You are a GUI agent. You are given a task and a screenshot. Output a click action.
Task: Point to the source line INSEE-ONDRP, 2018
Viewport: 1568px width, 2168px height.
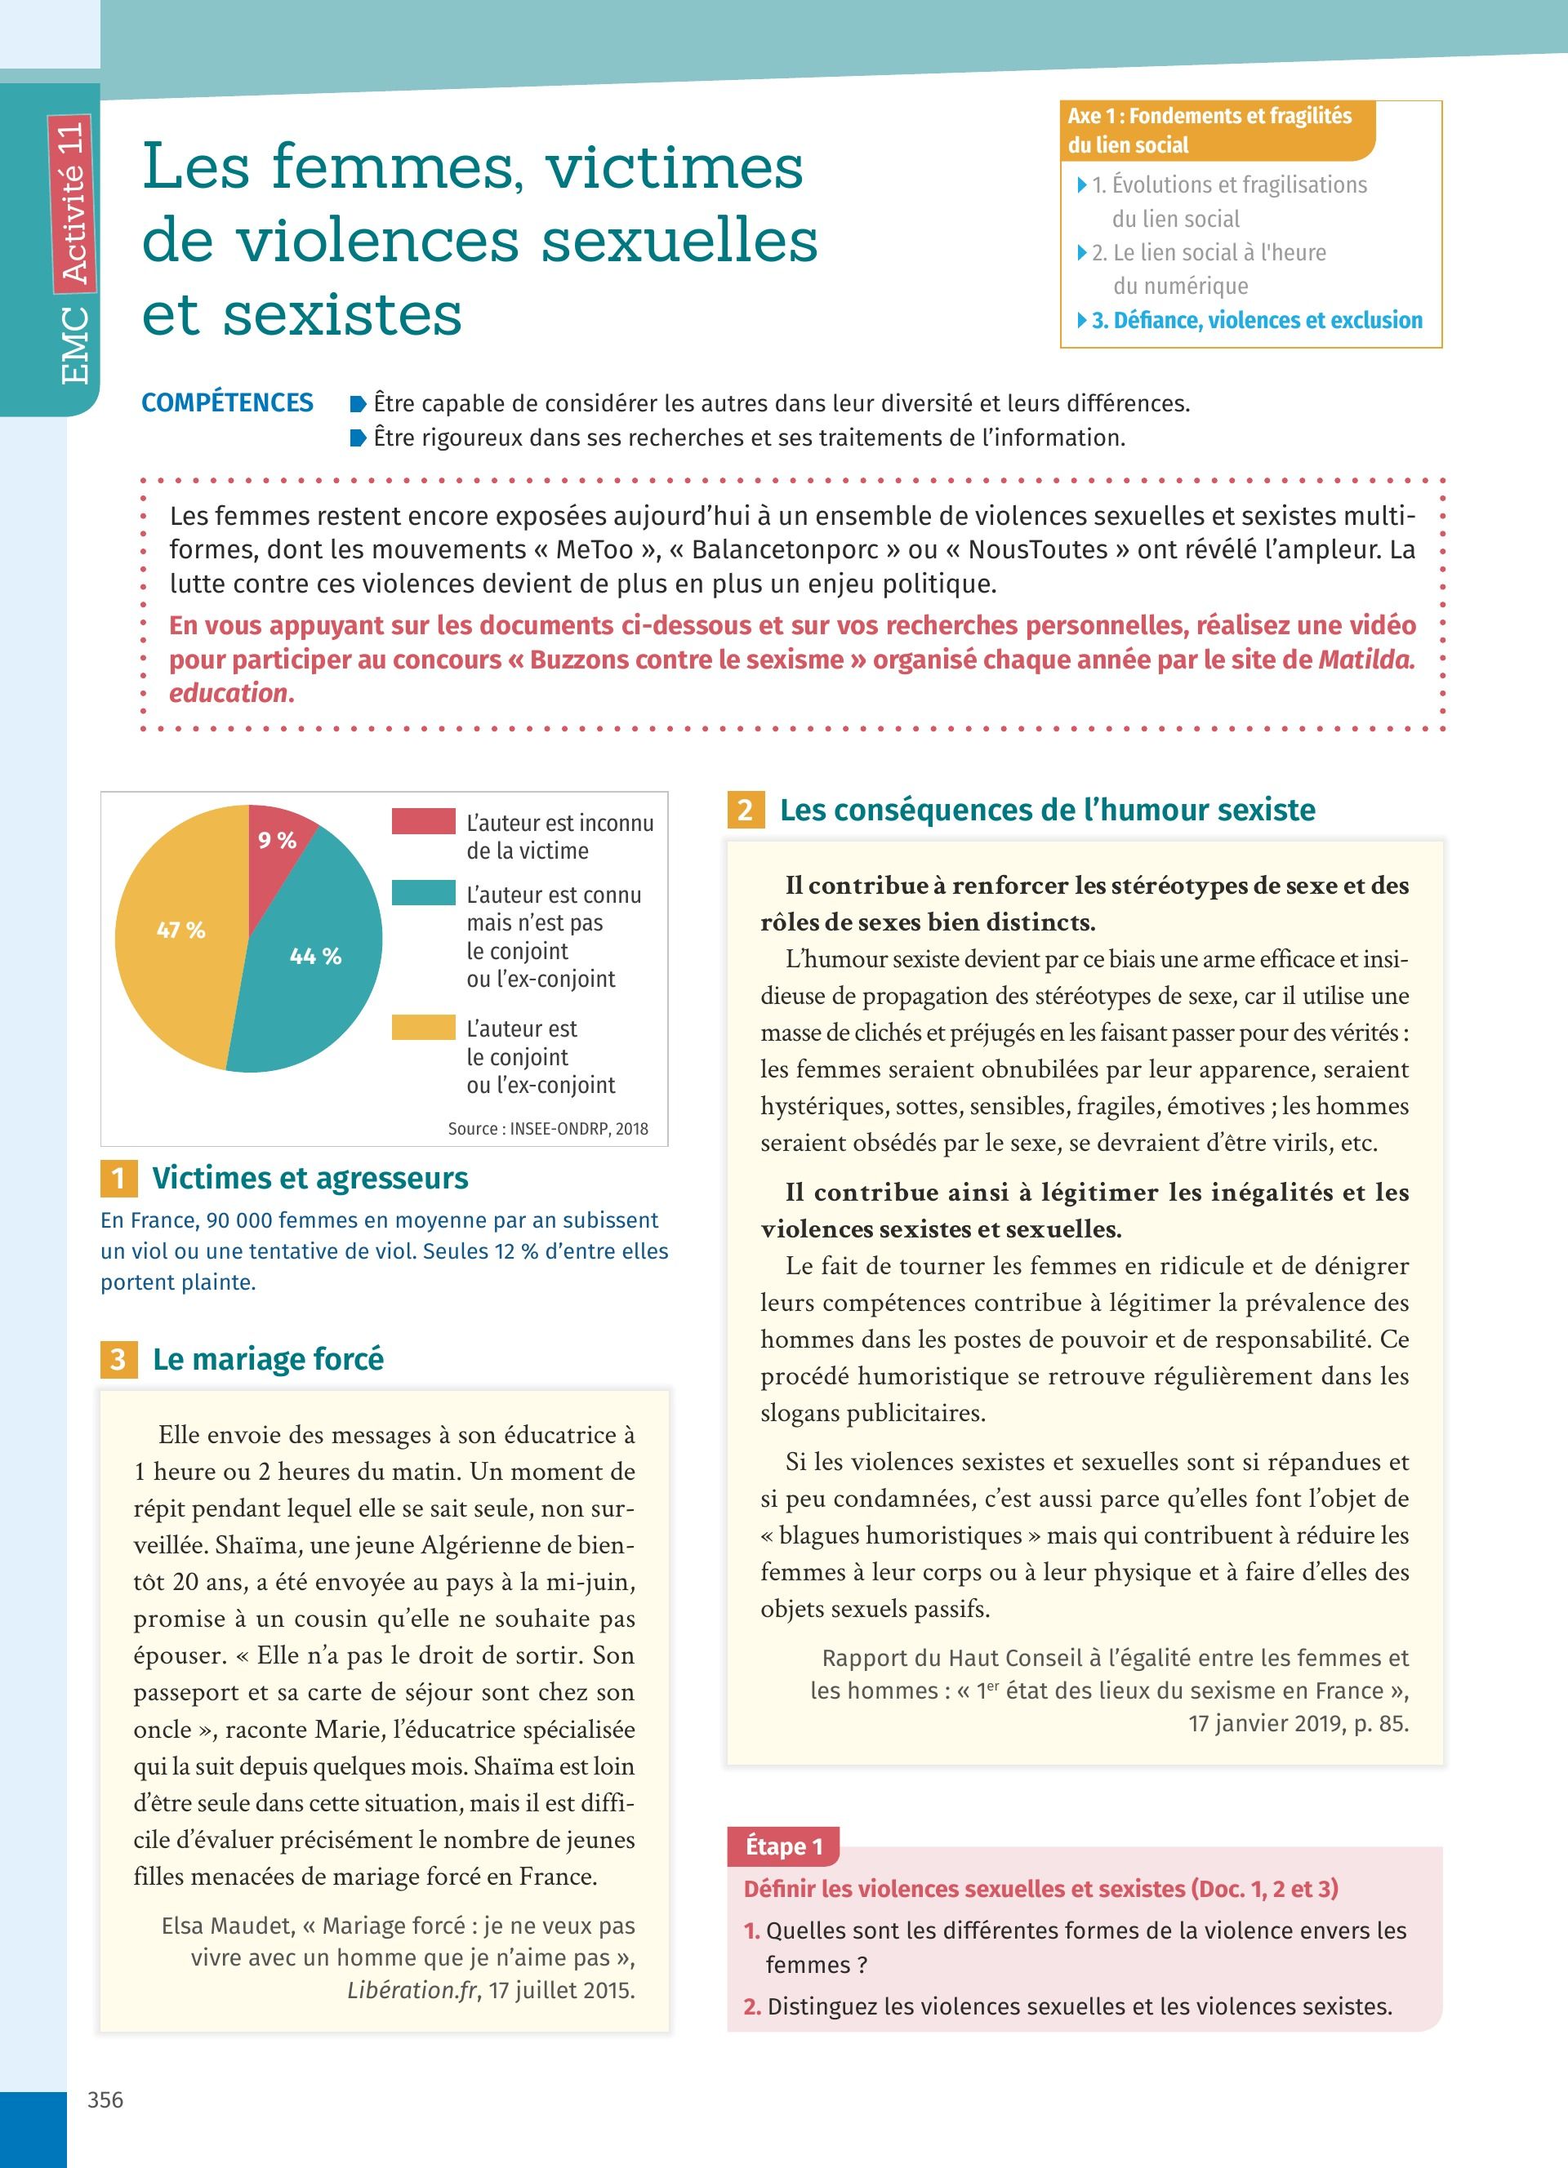tap(548, 1129)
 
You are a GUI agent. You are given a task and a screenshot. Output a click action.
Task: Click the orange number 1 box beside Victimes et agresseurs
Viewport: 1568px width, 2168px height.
tap(118, 1178)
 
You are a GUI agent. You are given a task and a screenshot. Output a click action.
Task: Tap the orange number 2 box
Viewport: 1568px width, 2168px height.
tap(746, 811)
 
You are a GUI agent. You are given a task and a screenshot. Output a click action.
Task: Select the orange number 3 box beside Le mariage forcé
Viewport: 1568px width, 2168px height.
tap(118, 1359)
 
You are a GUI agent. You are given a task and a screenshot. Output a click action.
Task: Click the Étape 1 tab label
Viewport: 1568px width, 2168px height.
tap(784, 1846)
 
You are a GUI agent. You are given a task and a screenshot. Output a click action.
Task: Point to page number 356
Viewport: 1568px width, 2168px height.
tap(105, 2100)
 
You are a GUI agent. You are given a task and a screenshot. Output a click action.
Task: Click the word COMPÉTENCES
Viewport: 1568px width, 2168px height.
tap(228, 402)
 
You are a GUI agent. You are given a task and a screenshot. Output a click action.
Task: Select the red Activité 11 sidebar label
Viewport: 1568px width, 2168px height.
tap(73, 203)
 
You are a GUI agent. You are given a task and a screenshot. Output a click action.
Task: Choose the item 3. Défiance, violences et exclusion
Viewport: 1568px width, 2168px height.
tap(1256, 320)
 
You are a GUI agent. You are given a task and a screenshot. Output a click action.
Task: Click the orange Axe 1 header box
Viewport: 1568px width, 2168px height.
tap(1217, 131)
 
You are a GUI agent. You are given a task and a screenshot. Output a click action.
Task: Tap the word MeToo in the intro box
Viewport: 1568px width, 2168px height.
tap(594, 549)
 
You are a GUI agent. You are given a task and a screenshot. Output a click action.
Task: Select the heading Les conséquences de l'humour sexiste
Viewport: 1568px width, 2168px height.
tap(1047, 811)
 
